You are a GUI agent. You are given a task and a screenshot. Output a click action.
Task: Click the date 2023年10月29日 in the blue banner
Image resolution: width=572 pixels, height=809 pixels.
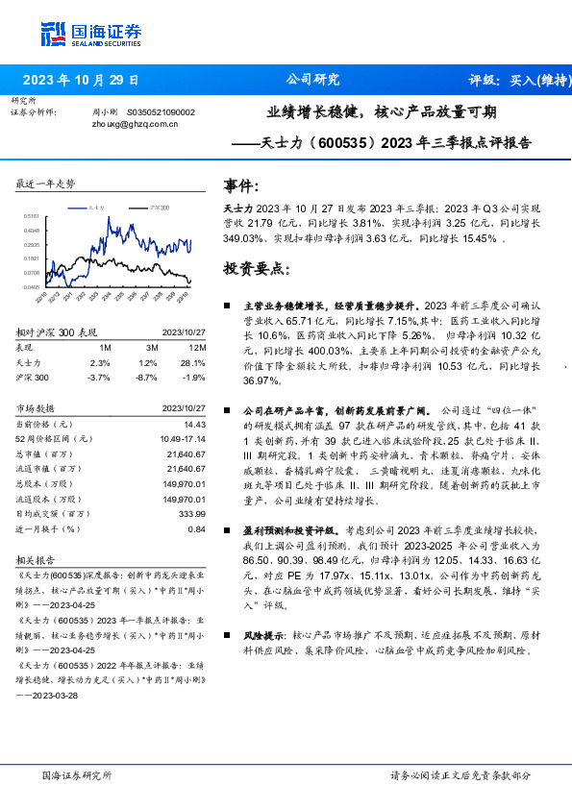coord(81,80)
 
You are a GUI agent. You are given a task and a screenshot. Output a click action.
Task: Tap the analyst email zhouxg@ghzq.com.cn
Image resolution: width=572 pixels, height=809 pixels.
coord(134,124)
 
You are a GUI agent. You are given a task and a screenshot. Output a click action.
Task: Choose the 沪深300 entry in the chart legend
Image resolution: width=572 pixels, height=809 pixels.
coord(155,206)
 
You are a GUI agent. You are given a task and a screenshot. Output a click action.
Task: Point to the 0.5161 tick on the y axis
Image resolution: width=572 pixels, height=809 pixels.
coord(31,217)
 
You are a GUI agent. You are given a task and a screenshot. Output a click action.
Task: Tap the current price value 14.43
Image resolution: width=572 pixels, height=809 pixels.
coord(195,424)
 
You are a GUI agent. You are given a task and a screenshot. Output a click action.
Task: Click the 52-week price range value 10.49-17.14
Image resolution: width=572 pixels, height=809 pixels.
coord(185,439)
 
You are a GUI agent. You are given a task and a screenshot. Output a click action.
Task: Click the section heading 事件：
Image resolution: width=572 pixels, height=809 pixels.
coord(240,184)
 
